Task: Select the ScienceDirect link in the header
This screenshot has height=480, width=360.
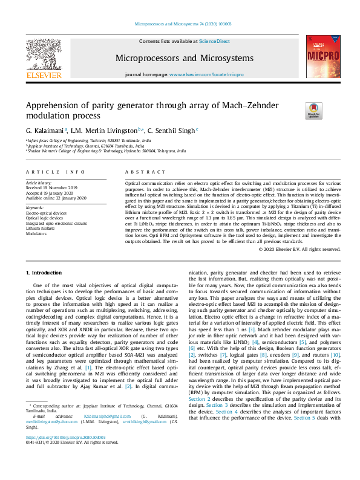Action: [215, 41]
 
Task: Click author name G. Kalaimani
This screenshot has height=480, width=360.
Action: [47, 130]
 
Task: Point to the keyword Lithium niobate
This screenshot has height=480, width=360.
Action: [41, 227]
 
